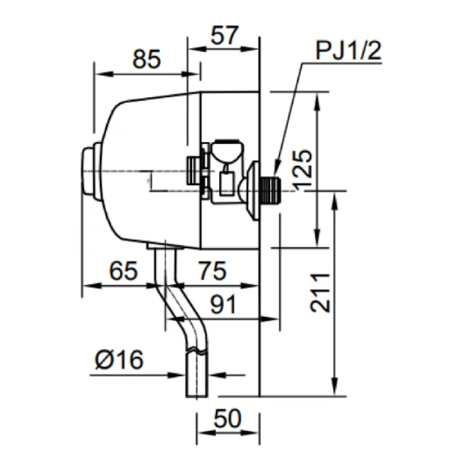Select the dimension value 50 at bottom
tap(227, 418)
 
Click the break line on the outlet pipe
tap(196, 350)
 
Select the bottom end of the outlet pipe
tap(196, 396)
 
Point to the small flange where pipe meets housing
tap(162, 246)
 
